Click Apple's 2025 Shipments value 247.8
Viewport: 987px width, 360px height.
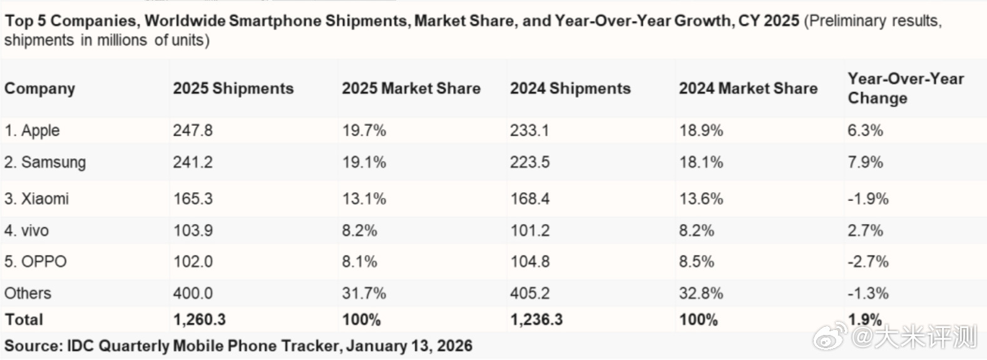click(x=193, y=130)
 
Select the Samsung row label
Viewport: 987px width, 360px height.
click(x=45, y=162)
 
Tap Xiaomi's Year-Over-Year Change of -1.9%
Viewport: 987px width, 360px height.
click(x=868, y=198)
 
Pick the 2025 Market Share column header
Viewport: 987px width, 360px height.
click(x=411, y=88)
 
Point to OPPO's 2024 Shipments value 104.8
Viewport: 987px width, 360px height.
click(x=529, y=261)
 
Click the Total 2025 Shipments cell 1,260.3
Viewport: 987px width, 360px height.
click(x=199, y=319)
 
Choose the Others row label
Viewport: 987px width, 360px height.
click(x=28, y=293)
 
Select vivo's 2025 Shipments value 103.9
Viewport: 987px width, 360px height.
click(x=193, y=230)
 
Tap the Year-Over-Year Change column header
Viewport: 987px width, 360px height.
click(x=905, y=88)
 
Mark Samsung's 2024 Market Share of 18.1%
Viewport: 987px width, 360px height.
click(x=701, y=162)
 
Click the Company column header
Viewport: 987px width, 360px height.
click(x=39, y=88)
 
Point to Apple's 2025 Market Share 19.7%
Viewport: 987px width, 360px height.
click(x=364, y=130)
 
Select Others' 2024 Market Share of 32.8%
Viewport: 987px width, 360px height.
click(x=701, y=293)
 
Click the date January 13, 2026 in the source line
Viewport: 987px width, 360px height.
click(x=409, y=346)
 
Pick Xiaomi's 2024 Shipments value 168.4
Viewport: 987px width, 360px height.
click(x=529, y=198)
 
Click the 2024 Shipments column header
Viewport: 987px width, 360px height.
click(x=570, y=88)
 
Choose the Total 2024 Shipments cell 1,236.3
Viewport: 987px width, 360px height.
click(x=536, y=319)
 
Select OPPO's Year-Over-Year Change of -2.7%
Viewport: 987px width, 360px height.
click(x=868, y=261)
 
